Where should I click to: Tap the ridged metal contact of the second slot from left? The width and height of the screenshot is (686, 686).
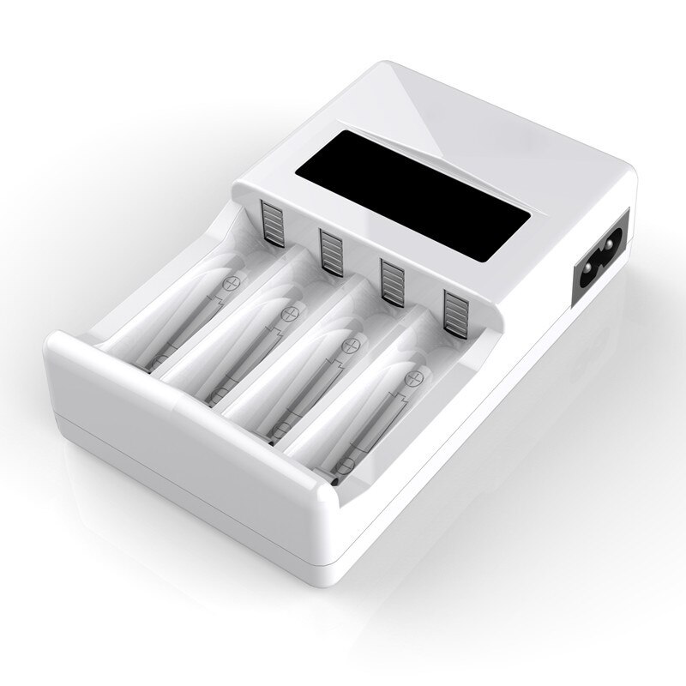point(332,250)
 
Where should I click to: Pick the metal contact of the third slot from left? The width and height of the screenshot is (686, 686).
point(392,278)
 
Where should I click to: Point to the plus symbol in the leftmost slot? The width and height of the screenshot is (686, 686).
point(230,282)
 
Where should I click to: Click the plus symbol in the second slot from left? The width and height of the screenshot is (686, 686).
point(289,311)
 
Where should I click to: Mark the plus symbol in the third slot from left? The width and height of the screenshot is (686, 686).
point(349,345)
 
